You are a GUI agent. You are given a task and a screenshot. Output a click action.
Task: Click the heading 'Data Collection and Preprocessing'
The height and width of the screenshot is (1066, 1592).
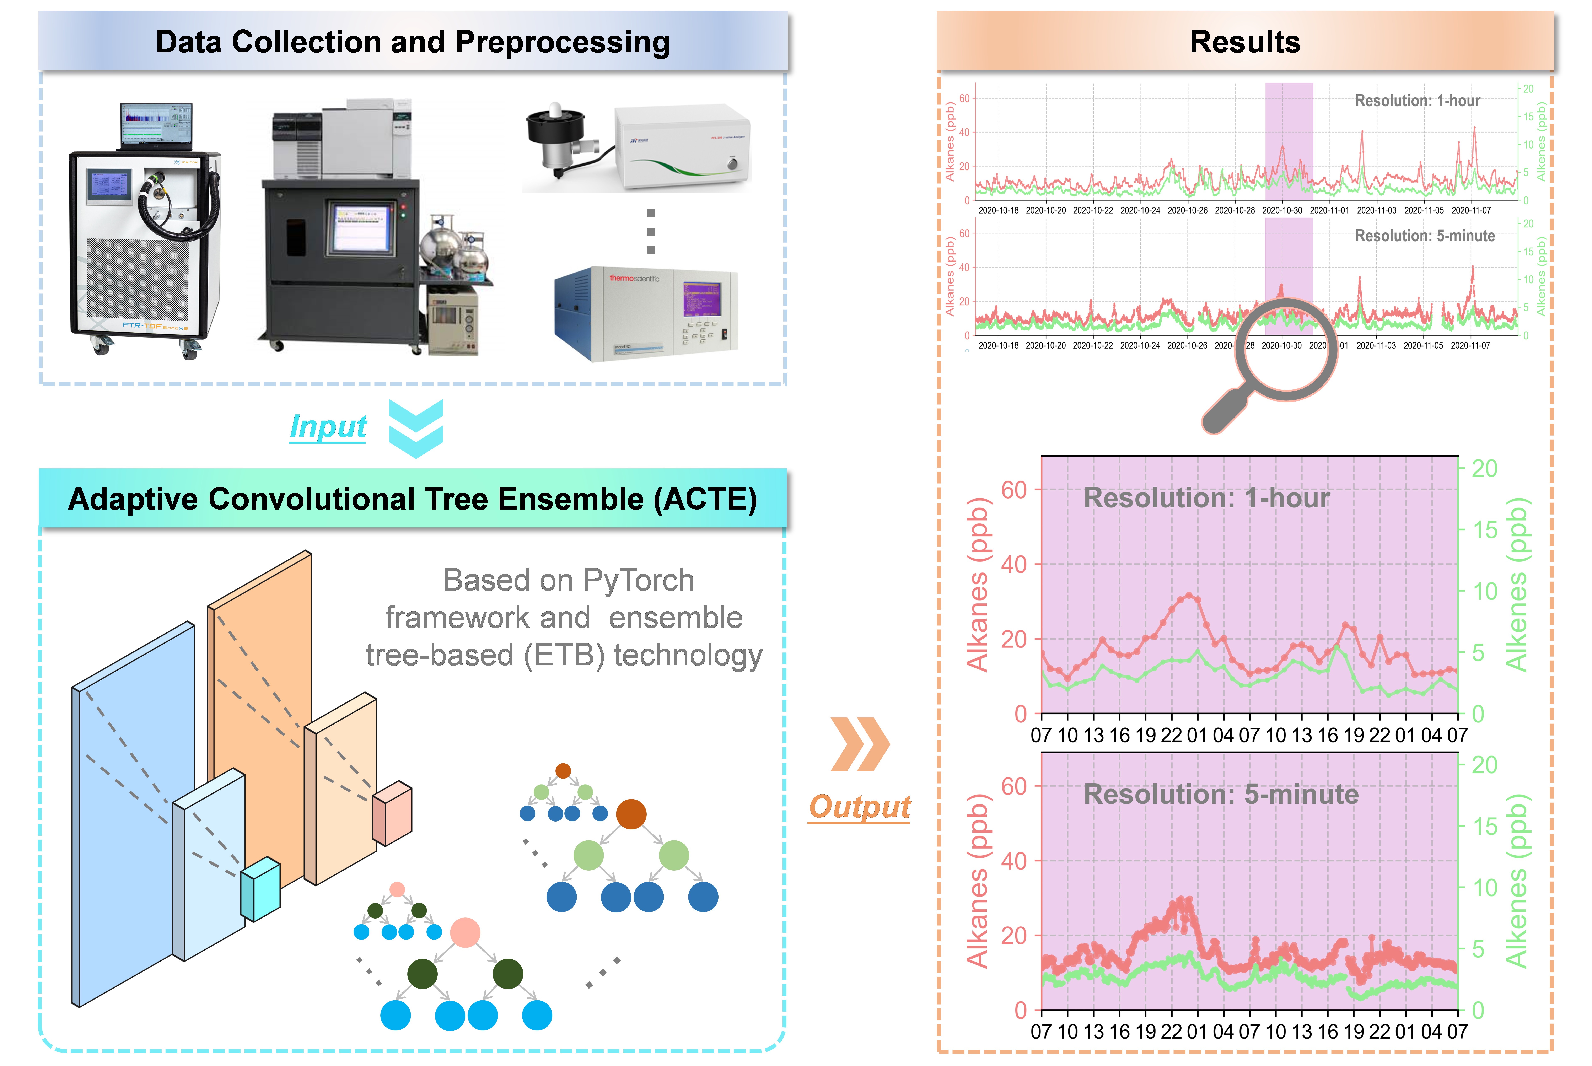coord(413,42)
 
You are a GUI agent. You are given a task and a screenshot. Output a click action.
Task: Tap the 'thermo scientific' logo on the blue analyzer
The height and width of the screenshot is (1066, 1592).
coord(634,278)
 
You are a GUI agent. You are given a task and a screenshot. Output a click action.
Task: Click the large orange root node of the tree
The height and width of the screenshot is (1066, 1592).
coord(631,814)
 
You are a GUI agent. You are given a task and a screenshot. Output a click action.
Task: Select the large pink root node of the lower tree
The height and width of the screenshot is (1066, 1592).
coord(465,933)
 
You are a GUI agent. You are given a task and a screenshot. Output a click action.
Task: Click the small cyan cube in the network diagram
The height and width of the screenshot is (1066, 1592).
coord(260,889)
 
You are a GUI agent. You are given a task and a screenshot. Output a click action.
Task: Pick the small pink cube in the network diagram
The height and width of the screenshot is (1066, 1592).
coord(392,813)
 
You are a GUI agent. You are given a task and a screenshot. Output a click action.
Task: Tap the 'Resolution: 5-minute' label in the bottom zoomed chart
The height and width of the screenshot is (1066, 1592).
coord(1221,795)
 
